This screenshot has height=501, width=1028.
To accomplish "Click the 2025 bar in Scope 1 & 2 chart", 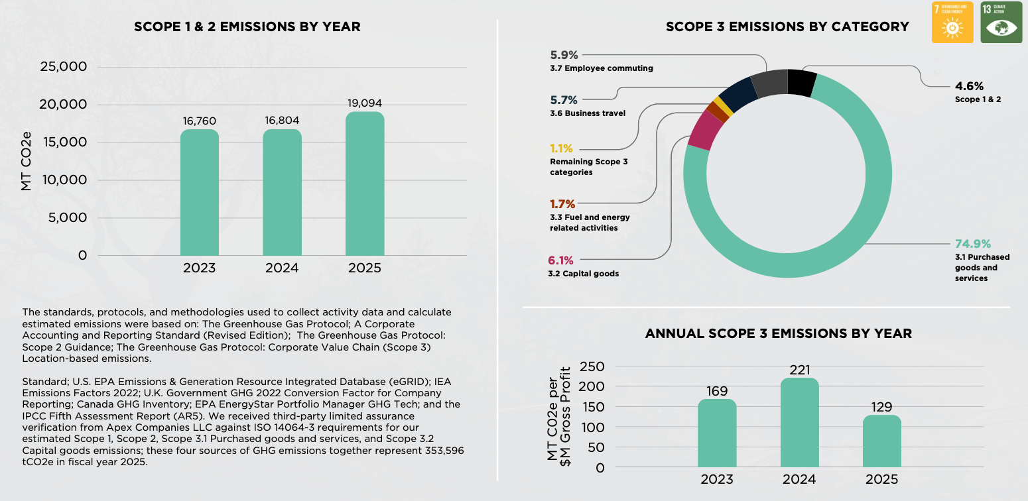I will tap(364, 184).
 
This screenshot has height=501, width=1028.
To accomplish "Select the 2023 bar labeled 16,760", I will tap(199, 193).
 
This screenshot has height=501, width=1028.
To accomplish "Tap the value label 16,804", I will tap(282, 121).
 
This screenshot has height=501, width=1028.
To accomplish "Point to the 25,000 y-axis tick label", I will tap(64, 67).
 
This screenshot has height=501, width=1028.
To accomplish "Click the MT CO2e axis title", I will tap(27, 161).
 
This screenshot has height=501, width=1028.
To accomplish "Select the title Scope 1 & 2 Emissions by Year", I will tap(247, 27).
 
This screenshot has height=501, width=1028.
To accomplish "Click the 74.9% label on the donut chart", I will tap(973, 243).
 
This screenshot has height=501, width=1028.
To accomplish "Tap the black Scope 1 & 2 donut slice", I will tap(801, 83).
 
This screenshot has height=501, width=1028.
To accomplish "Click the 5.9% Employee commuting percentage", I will tap(564, 55).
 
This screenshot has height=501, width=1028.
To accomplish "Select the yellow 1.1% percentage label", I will tap(561, 148).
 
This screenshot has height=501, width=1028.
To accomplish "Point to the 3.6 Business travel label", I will tap(588, 113).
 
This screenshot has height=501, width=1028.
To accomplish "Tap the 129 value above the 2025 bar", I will tap(881, 407).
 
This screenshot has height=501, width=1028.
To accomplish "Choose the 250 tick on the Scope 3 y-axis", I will tap(592, 366).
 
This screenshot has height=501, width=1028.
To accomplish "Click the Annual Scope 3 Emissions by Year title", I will tap(778, 333).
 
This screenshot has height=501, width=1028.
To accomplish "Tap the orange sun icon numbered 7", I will tap(952, 23).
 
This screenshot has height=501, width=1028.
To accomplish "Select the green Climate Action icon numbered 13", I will tap(1001, 23).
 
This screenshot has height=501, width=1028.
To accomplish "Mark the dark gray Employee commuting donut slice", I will tap(769, 84).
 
